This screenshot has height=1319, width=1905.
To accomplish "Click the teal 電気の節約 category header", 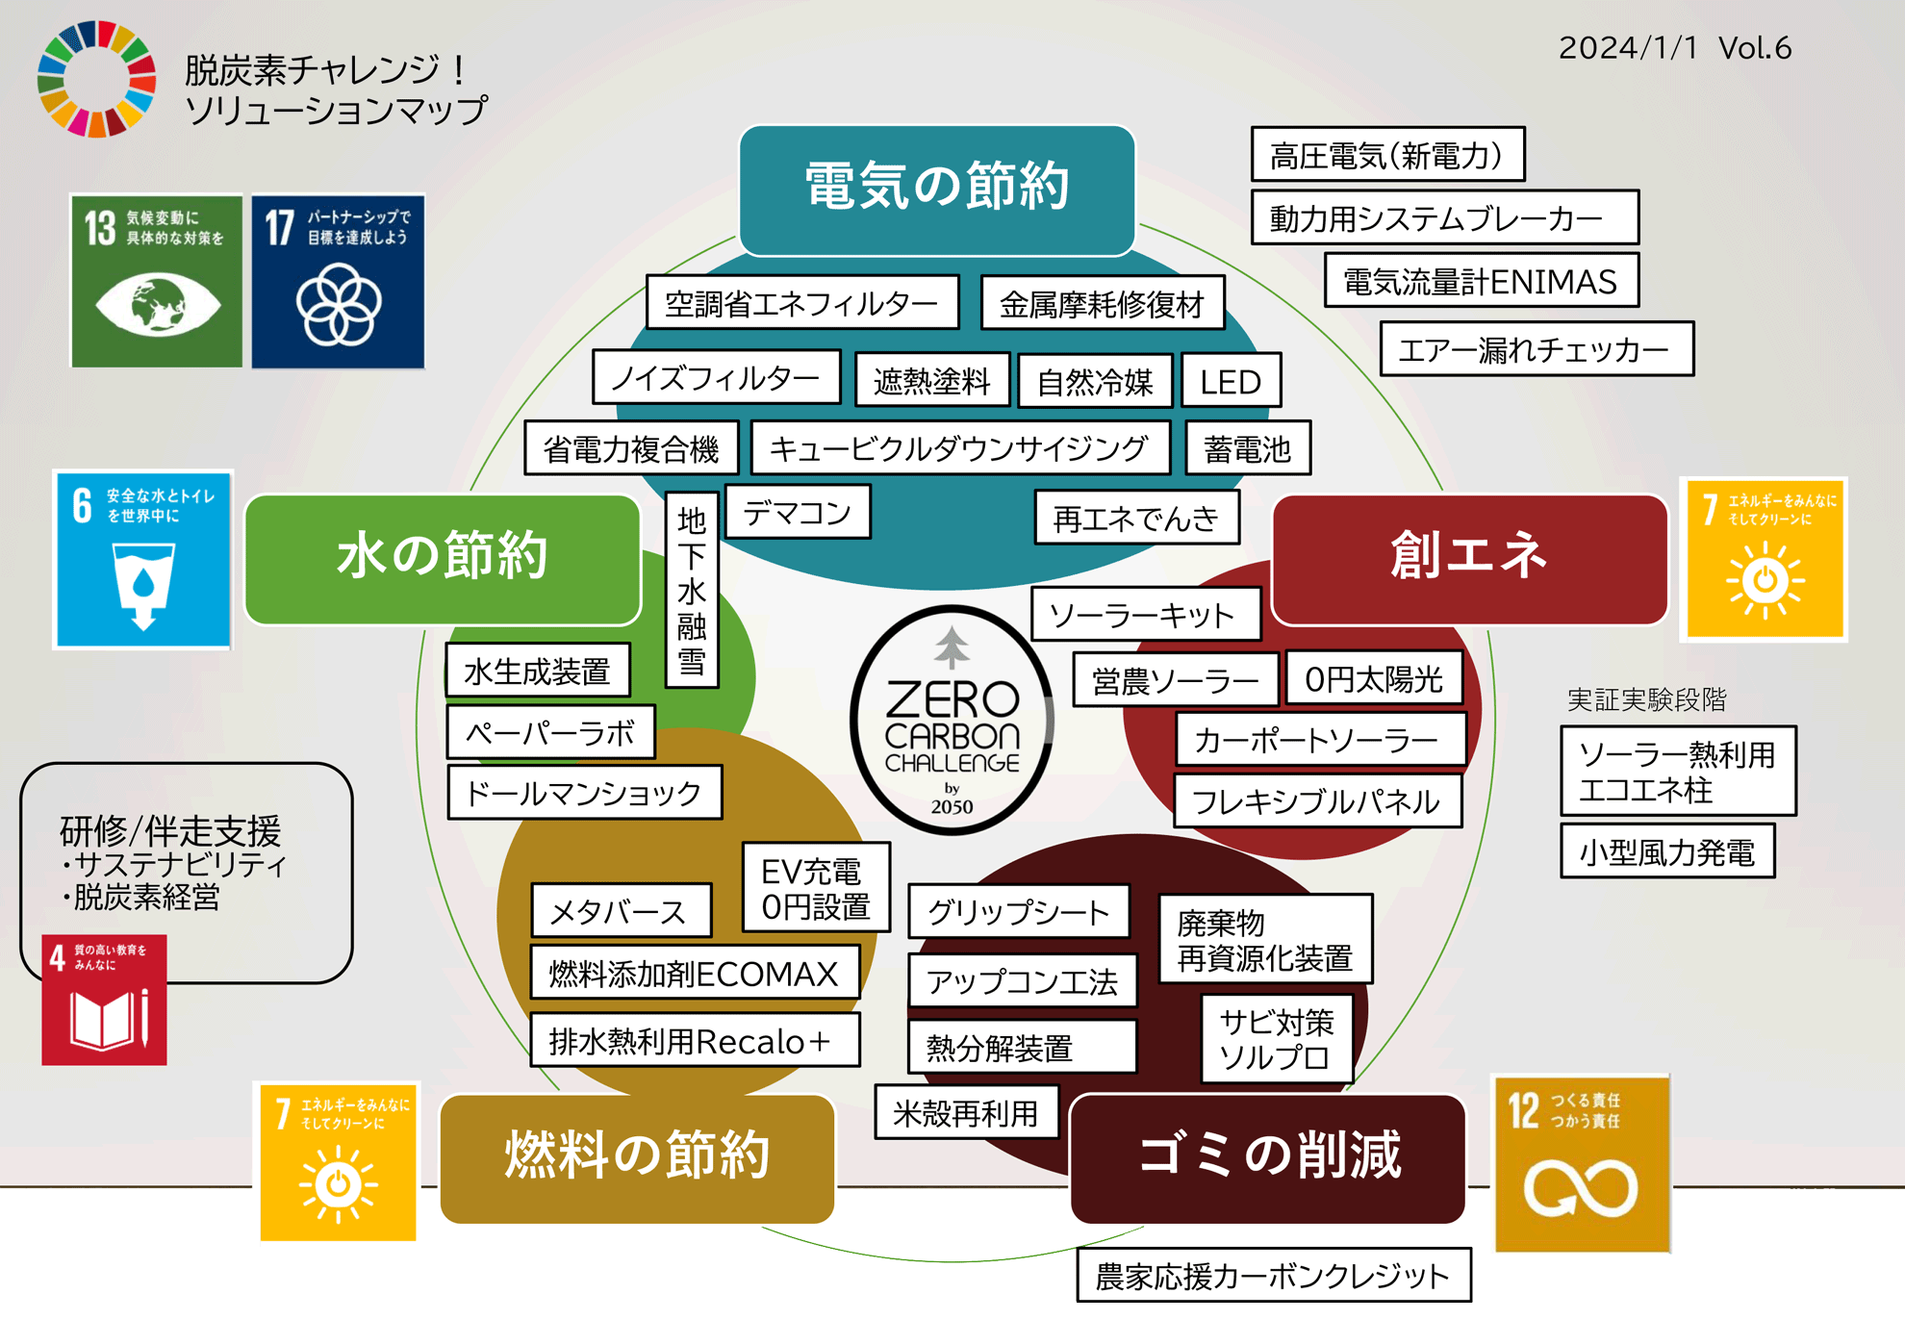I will tap(936, 190).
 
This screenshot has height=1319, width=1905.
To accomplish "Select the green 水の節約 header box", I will tap(443, 558).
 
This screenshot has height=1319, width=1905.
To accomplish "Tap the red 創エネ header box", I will tap(1469, 558).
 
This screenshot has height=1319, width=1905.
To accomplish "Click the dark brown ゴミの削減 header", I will tap(1268, 1157).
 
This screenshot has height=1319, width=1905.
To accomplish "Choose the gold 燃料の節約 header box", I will tap(637, 1157).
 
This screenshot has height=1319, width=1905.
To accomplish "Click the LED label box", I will tap(1231, 382).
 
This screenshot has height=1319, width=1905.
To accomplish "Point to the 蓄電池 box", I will tap(1247, 448).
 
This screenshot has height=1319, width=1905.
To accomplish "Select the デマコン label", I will tap(797, 513).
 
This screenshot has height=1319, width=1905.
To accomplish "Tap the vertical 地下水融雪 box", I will tap(692, 590).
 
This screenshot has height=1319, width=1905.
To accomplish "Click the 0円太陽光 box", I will tap(1373, 679).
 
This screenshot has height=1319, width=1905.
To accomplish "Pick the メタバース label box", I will tap(621, 910).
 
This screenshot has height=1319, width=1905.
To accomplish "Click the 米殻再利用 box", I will tap(965, 1113).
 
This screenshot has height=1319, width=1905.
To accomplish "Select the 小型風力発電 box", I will tap(1666, 851).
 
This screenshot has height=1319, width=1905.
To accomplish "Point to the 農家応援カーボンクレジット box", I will tap(1273, 1276).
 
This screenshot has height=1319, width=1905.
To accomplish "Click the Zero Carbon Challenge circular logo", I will tap(952, 720).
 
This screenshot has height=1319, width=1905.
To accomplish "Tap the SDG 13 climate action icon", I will tap(157, 281).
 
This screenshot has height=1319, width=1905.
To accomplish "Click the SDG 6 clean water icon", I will tap(143, 560).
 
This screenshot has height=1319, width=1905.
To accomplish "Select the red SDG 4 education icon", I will tap(104, 1001).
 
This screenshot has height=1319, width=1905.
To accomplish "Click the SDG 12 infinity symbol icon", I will tap(1581, 1163).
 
